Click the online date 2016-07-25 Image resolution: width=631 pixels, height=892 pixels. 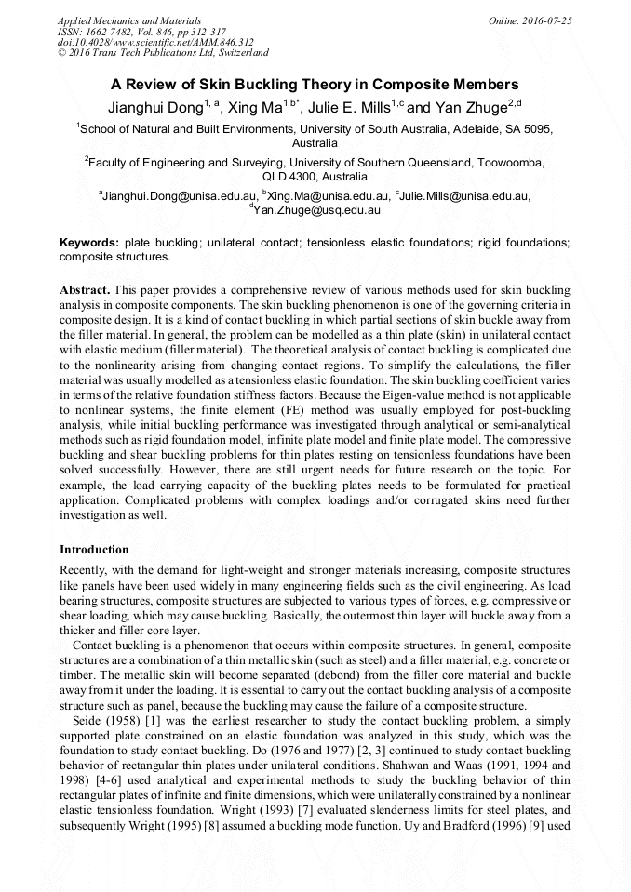coord(547,20)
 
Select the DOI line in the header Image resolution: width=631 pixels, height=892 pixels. coord(155,42)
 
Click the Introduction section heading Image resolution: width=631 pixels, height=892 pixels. coord(94,550)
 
